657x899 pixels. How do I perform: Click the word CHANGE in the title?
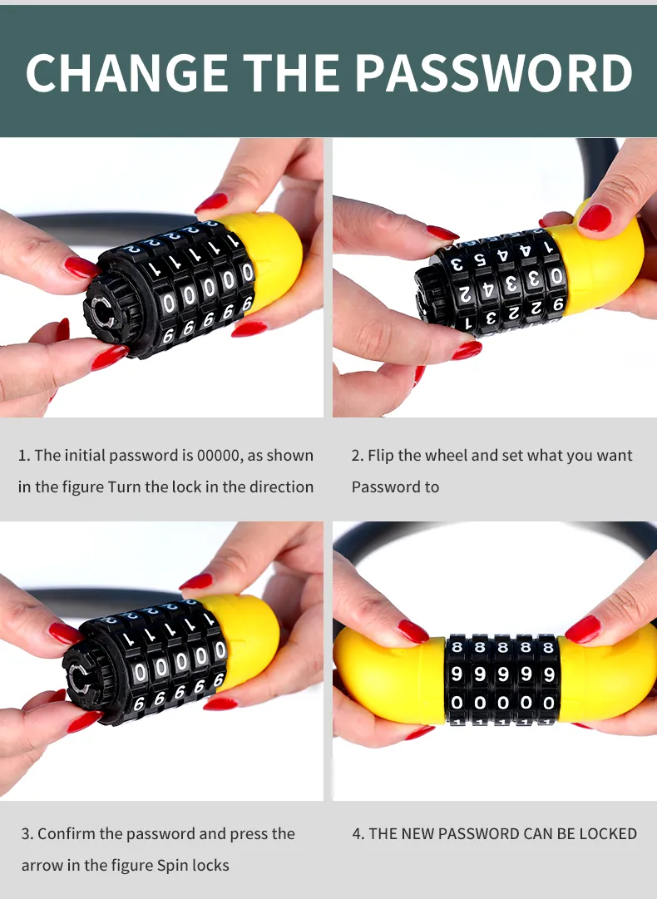[x=126, y=73]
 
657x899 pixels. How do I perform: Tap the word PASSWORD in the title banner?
[x=494, y=73]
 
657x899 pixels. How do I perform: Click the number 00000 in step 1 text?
[x=218, y=455]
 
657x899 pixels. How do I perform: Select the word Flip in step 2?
[x=381, y=456]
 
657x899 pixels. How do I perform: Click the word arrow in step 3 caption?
[x=42, y=865]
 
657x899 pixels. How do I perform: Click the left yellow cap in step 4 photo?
[x=390, y=677]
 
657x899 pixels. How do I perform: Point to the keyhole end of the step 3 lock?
[x=80, y=679]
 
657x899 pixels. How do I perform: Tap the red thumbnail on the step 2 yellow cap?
[x=595, y=218]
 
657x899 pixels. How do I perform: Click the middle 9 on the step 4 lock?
[x=503, y=674]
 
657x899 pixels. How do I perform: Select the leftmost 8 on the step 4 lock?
[x=457, y=648]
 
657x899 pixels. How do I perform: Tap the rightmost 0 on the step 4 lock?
[x=549, y=703]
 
